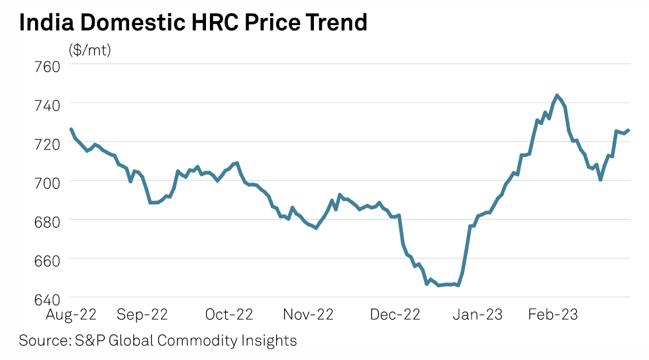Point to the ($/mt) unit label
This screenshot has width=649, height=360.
point(89,50)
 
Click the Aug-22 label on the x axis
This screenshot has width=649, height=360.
point(70,314)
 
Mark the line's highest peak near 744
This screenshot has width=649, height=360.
point(557,95)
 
